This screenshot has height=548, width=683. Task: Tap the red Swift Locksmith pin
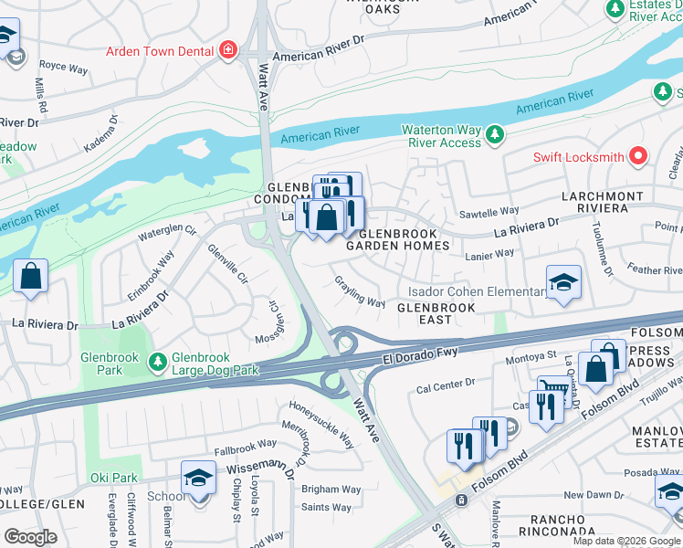[638, 156]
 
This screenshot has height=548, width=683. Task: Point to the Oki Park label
[113, 478]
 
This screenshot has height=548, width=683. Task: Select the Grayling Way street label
[359, 291]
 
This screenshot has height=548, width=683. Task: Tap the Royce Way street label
[63, 66]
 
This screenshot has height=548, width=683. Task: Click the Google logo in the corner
[31, 537]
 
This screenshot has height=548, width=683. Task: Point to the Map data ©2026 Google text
[625, 541]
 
